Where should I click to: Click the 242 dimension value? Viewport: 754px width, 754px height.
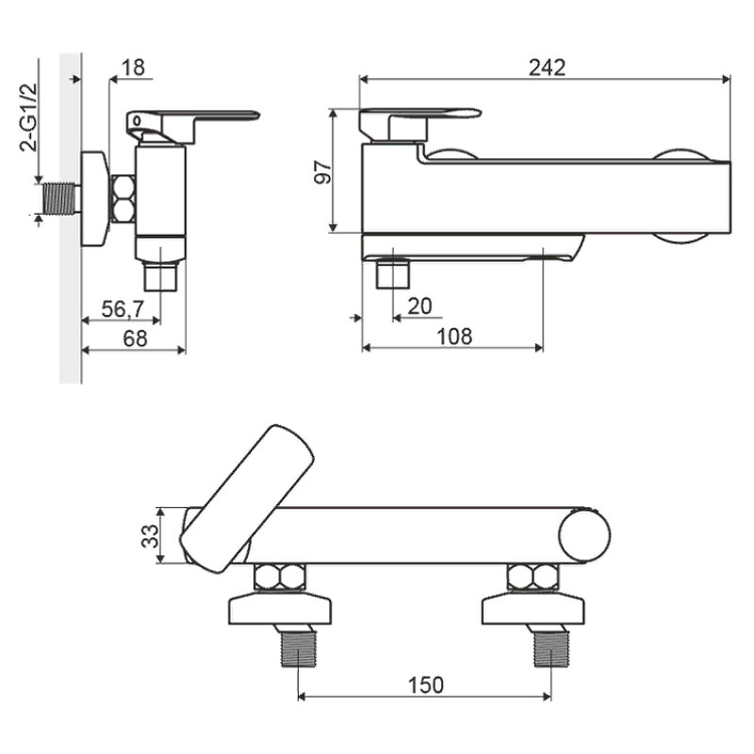click(547, 68)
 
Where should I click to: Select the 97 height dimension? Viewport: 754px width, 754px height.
click(323, 172)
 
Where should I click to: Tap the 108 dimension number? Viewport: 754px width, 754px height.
click(454, 336)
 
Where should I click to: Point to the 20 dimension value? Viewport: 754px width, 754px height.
click(419, 305)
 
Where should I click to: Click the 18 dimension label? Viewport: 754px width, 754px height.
click(133, 67)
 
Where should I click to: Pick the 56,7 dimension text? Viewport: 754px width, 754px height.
click(123, 309)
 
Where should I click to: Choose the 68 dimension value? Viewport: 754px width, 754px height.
click(135, 338)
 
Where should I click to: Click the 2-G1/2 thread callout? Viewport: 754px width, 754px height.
click(28, 117)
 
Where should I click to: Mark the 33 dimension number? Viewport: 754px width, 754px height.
click(150, 535)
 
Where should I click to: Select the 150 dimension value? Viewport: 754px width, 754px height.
click(426, 685)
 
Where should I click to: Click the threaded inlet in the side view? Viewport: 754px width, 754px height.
click(61, 198)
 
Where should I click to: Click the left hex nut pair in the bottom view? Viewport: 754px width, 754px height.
click(279, 577)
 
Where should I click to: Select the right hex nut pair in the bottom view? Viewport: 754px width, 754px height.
click(533, 577)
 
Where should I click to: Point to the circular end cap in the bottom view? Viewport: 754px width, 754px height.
click(584, 535)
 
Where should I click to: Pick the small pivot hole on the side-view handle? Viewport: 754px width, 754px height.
click(138, 122)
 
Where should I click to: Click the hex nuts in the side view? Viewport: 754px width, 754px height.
click(123, 198)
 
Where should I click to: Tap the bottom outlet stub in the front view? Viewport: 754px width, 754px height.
click(392, 273)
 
